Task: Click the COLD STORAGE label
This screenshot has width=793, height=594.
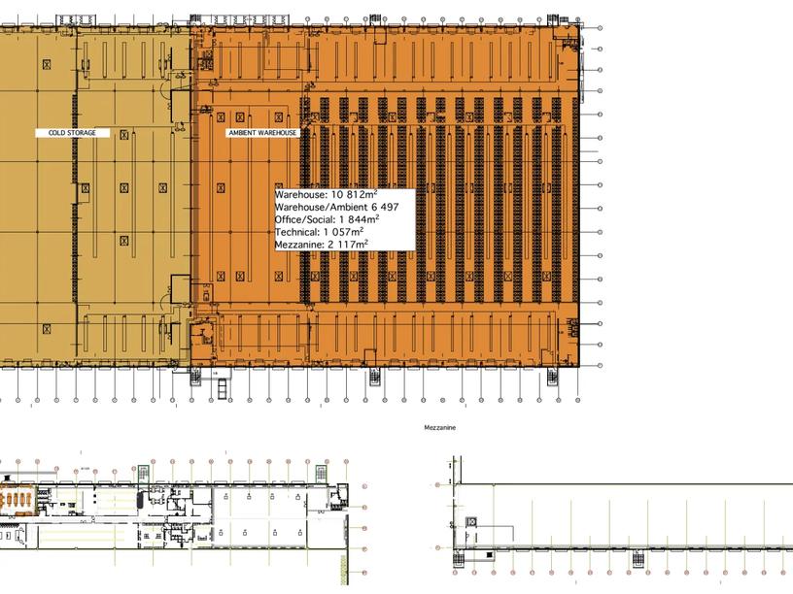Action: (73, 133)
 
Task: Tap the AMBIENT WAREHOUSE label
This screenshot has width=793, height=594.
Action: (262, 133)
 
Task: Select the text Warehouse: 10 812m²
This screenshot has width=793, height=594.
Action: (326, 195)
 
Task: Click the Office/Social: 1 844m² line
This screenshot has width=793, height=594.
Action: (327, 219)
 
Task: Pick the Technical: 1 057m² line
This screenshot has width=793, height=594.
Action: (319, 232)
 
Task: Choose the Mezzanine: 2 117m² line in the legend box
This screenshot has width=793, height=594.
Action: (321, 245)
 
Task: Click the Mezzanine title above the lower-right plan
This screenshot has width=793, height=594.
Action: (439, 427)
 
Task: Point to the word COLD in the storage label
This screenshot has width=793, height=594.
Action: (56, 133)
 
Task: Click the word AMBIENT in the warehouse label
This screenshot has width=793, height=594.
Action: (243, 133)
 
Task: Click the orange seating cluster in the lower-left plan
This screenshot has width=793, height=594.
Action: (17, 497)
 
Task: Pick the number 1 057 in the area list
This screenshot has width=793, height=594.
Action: (340, 232)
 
